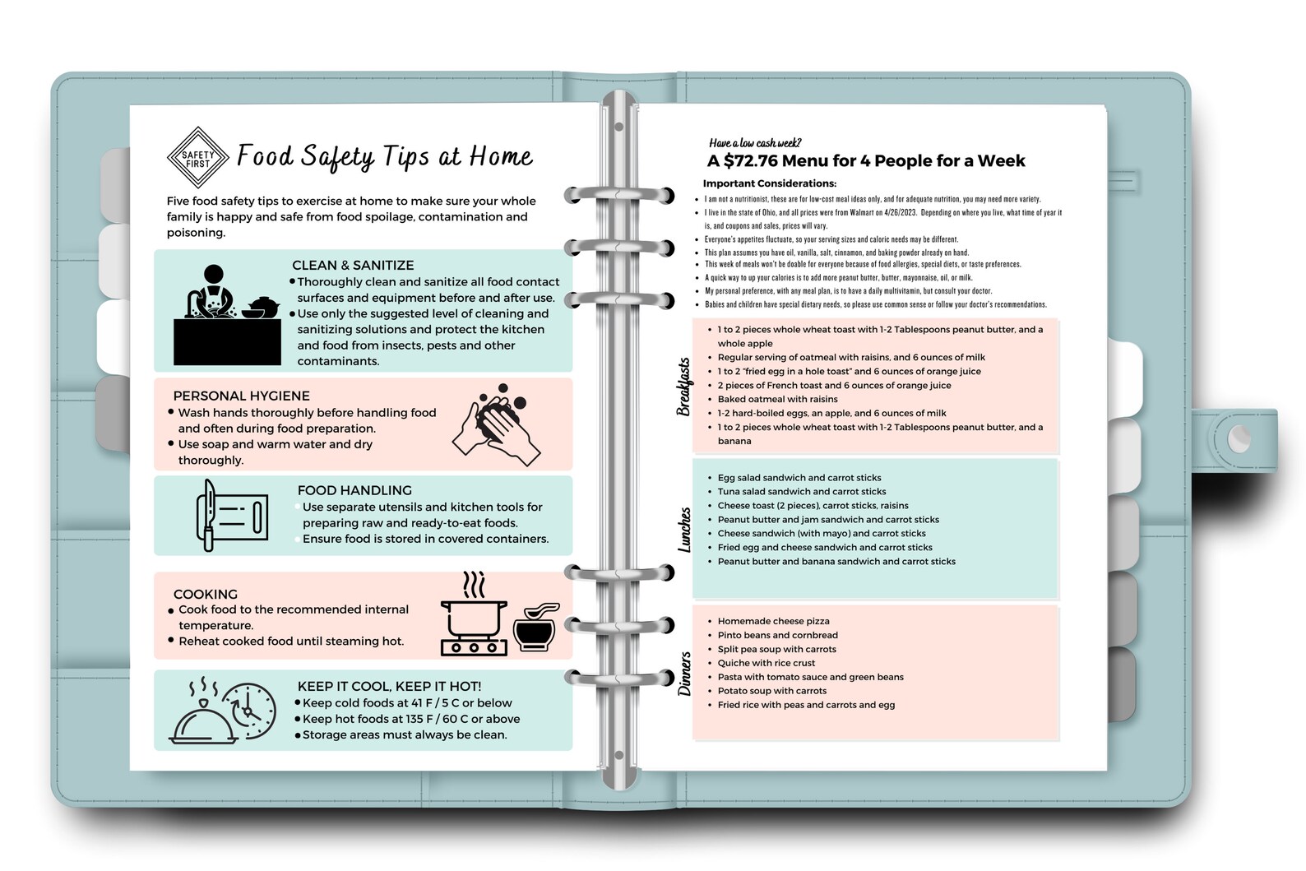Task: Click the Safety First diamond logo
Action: pos(197,157)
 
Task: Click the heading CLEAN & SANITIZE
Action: pos(353,265)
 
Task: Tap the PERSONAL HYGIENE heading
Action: pos(241,396)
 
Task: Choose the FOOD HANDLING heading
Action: pos(354,490)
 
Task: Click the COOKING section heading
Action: pos(205,594)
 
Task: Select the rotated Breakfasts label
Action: pos(683,387)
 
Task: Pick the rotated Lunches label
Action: pos(683,529)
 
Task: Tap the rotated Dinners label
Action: pos(684,674)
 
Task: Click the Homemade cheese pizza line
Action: pos(773,621)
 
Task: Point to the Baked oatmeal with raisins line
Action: pos(777,399)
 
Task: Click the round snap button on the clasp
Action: pos(1239,438)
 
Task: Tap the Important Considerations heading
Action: pos(769,183)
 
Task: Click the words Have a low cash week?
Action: pos(755,143)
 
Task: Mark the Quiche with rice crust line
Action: pos(766,663)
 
